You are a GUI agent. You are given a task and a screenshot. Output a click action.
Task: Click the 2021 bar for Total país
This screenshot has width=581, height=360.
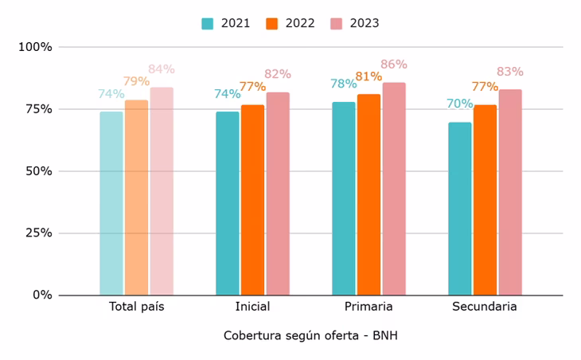pyautogui.click(x=111, y=203)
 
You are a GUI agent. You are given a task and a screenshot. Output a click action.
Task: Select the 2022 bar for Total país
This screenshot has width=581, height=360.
pyautogui.click(x=136, y=198)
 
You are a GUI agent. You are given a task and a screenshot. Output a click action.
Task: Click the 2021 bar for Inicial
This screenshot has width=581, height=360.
pyautogui.click(x=228, y=203)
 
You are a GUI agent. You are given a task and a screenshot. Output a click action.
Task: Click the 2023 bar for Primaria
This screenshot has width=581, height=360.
pyautogui.click(x=394, y=189)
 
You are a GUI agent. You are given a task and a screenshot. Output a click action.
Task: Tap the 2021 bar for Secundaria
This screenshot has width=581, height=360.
pyautogui.click(x=460, y=209)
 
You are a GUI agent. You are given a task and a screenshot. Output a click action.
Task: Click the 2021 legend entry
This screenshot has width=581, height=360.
pyautogui.click(x=226, y=23)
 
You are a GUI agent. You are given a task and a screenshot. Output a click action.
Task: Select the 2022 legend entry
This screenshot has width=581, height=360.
pyautogui.click(x=291, y=23)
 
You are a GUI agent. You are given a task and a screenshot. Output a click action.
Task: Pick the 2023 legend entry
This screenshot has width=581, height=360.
pyautogui.click(x=356, y=23)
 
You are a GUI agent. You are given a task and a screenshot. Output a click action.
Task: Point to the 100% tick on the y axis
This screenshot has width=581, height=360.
pyautogui.click(x=35, y=47)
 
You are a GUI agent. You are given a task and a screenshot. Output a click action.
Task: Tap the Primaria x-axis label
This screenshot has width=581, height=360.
pyautogui.click(x=368, y=307)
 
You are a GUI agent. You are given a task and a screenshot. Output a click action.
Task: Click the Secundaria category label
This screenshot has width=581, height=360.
pyautogui.click(x=485, y=307)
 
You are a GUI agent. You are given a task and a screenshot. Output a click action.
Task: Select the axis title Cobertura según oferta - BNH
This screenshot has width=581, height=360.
pyautogui.click(x=310, y=335)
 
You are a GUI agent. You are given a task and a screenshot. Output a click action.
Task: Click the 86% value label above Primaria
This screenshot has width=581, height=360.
pyautogui.click(x=394, y=65)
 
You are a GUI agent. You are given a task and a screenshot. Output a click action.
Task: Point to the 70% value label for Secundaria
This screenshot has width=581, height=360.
pyautogui.click(x=460, y=104)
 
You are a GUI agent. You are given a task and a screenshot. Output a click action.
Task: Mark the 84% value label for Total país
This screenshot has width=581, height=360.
pyautogui.click(x=162, y=69)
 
